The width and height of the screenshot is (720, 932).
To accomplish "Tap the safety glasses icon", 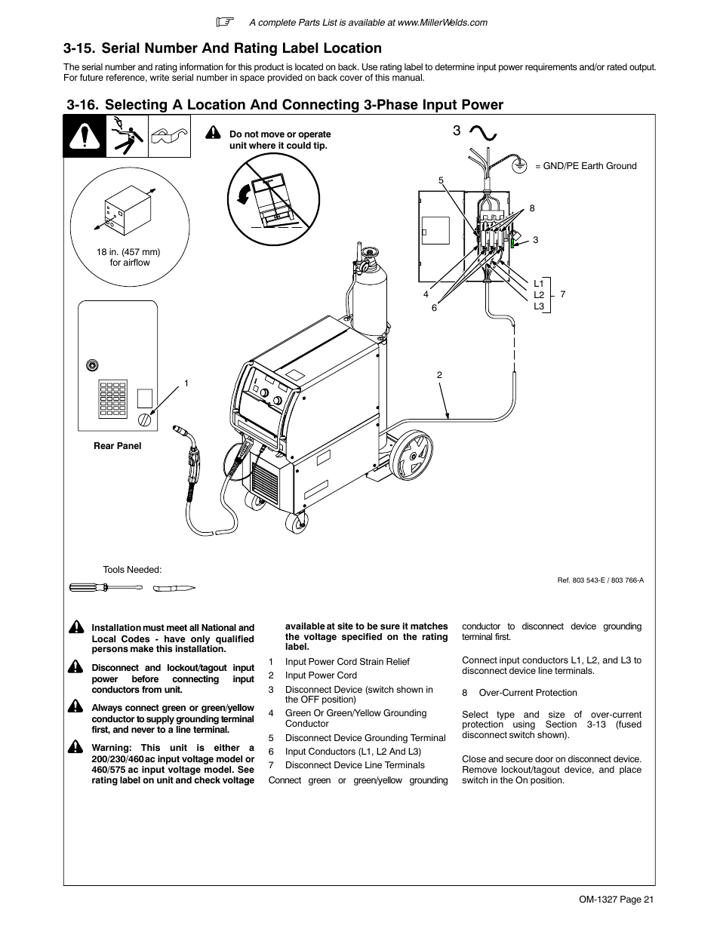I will point(169,137).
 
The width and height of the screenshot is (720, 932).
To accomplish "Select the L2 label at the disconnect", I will point(538,295).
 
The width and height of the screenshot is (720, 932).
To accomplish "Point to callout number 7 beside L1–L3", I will point(562,294).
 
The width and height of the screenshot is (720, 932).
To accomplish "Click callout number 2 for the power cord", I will point(438,375).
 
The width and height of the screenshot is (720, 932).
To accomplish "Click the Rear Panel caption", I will point(117,446).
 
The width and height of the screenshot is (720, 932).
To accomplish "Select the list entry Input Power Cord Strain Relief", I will point(347,662).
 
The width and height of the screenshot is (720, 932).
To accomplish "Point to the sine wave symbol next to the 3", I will point(482,133).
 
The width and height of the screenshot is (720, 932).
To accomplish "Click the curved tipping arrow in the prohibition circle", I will point(244,195).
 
